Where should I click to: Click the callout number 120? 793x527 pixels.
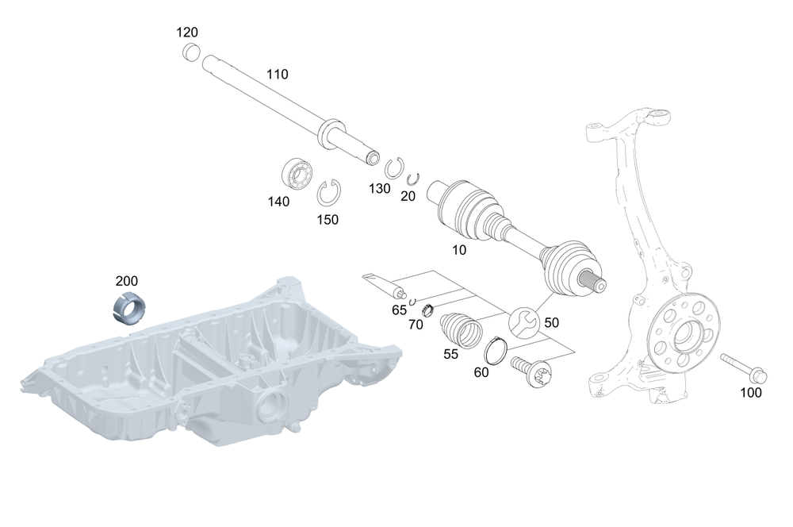tap(187, 33)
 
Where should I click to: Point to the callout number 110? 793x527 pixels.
tap(278, 75)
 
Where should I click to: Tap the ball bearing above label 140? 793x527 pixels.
tap(298, 173)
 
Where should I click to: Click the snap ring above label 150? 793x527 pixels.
tap(328, 193)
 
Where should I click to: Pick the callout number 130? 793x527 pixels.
tap(380, 188)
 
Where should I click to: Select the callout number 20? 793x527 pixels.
tap(408, 195)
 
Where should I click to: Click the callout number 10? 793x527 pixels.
tap(459, 249)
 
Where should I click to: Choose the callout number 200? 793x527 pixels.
tap(127, 281)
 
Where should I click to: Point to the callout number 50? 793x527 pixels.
tap(551, 322)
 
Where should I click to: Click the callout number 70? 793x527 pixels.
tap(416, 324)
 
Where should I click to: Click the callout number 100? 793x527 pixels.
tap(751, 392)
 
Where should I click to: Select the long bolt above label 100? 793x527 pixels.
tap(741, 366)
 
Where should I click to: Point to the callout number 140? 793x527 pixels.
tap(278, 202)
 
